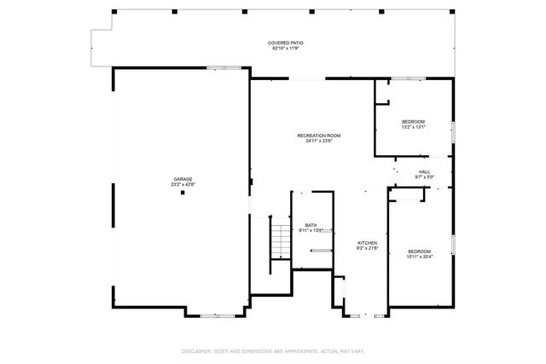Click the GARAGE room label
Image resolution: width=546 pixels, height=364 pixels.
[182, 179]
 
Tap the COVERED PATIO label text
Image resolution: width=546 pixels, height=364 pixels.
[286, 43]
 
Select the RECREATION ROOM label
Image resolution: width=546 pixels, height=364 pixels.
[319, 136]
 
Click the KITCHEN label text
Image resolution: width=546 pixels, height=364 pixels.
[367, 243]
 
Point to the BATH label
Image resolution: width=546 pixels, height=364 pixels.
[311, 225]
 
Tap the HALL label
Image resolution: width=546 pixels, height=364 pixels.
[424, 172]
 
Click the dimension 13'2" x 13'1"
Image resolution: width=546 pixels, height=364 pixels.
[413, 127]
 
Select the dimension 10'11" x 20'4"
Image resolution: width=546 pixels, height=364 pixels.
[419, 256]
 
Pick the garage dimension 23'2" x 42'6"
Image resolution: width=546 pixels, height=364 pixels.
[182, 184]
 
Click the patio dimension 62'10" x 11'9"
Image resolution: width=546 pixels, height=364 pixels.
[286, 48]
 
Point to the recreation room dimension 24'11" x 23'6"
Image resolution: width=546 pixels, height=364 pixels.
[319, 141]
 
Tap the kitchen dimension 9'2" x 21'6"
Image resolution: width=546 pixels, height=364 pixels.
[367, 248]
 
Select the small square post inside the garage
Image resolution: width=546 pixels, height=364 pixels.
[182, 193]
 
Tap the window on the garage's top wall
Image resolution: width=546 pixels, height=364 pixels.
[223, 67]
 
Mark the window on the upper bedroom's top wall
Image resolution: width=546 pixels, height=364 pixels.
[409, 78]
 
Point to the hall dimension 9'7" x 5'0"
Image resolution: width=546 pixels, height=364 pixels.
[424, 177]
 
